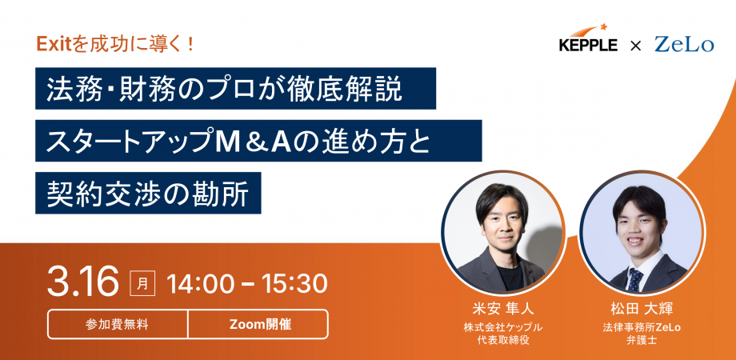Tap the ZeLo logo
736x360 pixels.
click(683, 45)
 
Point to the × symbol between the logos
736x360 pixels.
click(635, 46)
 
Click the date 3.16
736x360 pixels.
click(83, 282)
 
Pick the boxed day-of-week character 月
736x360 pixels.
click(142, 283)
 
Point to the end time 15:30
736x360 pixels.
click(292, 283)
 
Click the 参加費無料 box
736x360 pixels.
click(118, 324)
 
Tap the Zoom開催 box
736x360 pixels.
click(258, 324)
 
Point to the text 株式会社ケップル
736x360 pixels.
click(502, 327)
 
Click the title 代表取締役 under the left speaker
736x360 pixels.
click(502, 340)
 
